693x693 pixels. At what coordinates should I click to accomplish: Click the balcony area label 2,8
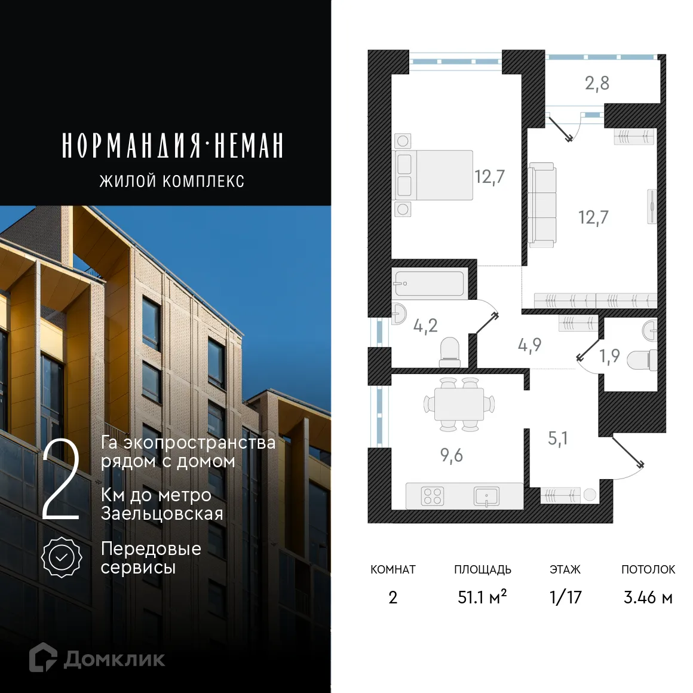pos(597,83)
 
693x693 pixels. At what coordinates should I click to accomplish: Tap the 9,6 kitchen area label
pos(452,455)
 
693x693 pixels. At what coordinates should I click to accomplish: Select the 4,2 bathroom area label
pos(425,326)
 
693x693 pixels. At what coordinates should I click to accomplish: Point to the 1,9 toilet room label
pos(609,356)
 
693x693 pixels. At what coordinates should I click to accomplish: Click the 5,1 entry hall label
pos(557,439)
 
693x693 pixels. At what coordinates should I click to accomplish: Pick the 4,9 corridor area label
pos(529,345)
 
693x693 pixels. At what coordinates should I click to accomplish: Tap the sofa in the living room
pos(542,204)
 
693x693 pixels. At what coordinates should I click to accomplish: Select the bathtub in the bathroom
pos(429,283)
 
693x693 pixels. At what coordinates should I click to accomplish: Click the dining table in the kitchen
pos(459,404)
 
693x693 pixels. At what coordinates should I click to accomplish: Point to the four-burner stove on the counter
pos(433,496)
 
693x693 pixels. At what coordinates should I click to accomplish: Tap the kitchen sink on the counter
pos(487,496)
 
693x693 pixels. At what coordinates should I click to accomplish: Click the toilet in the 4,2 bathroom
pos(449,352)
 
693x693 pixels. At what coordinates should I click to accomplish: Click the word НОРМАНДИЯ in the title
pos(131,146)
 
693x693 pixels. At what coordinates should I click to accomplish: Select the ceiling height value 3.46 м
pos(648,597)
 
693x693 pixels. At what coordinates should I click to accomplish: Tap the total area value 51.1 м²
pos(482,597)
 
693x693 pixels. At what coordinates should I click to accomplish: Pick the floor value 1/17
pos(565,597)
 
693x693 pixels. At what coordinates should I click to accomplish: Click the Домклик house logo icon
pos(43,657)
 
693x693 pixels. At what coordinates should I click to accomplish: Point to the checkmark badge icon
pos(62,557)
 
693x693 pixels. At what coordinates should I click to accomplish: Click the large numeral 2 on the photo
pos(62,481)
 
